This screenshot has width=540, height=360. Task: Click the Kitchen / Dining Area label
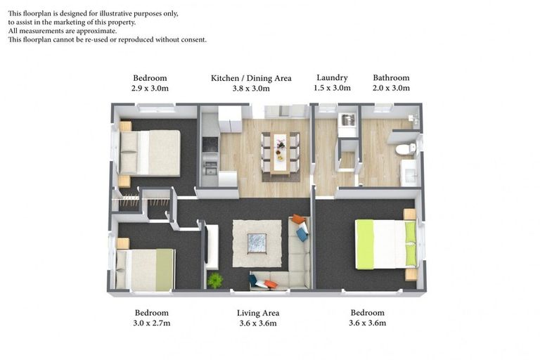(x=251, y=78)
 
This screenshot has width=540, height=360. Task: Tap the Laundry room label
(x=332, y=78)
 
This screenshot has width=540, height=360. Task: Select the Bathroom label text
(x=391, y=78)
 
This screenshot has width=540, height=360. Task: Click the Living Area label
(x=258, y=313)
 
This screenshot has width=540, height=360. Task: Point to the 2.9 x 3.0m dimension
(x=150, y=89)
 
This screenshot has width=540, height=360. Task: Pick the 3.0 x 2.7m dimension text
(x=151, y=323)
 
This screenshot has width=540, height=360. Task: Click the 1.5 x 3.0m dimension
(x=332, y=89)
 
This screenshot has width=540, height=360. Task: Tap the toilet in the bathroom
(x=405, y=149)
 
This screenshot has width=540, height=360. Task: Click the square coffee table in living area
(x=256, y=243)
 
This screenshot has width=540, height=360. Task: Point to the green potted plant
(x=215, y=281)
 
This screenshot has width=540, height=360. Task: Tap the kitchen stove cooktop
(x=210, y=144)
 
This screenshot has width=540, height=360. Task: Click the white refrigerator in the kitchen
(x=229, y=119)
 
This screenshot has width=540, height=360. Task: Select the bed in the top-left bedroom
(x=148, y=153)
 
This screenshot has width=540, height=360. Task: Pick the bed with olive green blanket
(x=146, y=270)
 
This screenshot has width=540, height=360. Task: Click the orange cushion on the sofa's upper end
(x=299, y=219)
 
